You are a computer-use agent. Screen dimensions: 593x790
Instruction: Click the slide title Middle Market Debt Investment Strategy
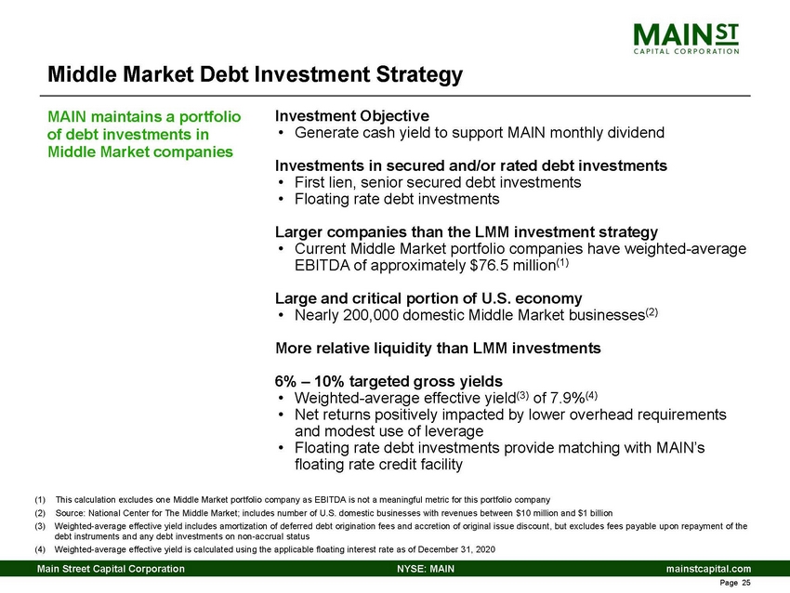pos(255,74)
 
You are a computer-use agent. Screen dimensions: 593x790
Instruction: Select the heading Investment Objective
pos(351,116)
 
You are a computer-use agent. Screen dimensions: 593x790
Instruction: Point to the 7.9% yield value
pos(586,398)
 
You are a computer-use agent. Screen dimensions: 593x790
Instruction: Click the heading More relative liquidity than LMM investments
pos(437,349)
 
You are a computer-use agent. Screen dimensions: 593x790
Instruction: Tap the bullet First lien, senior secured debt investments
pos(437,182)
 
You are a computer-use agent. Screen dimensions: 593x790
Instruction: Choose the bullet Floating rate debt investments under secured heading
pos(397,199)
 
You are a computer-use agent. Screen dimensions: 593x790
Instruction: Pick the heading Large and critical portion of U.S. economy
pos(428,298)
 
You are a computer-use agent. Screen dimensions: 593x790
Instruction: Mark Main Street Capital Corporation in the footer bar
pos(110,569)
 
